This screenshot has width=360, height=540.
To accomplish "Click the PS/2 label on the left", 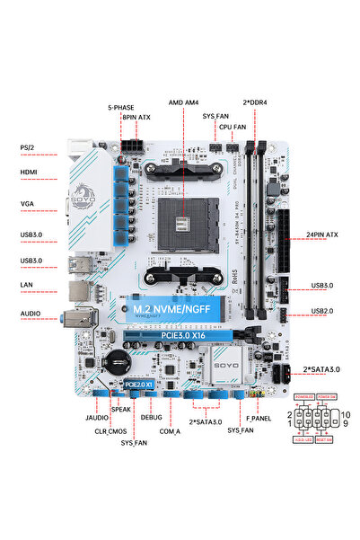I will tap(27, 147).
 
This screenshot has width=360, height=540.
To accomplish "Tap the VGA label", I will tap(27, 204).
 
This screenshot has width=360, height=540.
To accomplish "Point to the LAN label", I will tap(26, 285).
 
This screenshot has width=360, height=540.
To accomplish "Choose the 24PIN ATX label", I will tap(320, 235).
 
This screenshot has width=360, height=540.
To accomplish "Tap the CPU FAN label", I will tap(233, 128).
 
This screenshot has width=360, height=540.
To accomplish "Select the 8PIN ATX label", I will tap(136, 117).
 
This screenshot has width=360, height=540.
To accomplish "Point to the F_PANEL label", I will tap(259, 419).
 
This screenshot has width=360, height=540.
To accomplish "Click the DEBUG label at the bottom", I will tap(152, 418).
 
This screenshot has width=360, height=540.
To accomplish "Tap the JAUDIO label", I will tap(84, 419).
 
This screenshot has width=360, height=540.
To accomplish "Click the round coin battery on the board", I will tap(113, 362).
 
